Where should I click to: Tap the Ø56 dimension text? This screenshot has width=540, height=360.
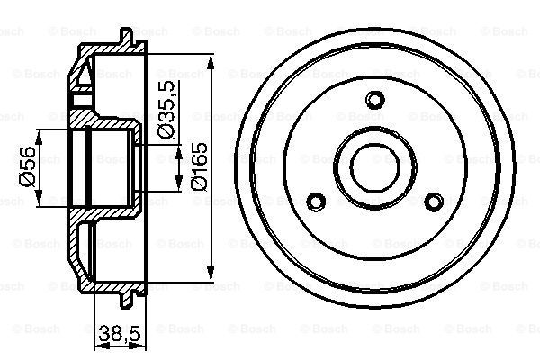[26, 166]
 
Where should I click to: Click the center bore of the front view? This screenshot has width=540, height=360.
[373, 166]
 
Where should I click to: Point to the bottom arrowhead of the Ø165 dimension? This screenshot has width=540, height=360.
[211, 273]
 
